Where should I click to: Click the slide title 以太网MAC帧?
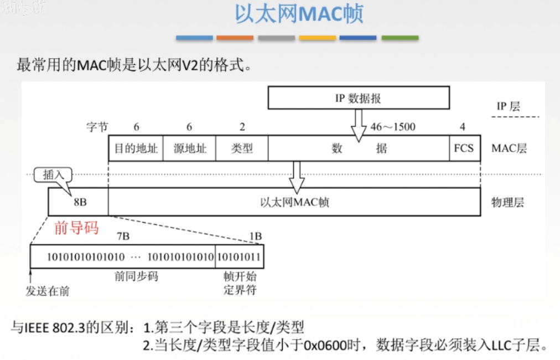pyautogui.click(x=299, y=14)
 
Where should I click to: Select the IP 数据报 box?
pyautogui.click(x=358, y=98)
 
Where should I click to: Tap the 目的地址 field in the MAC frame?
pyautogui.click(x=136, y=148)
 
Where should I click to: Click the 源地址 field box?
pyautogui.click(x=189, y=148)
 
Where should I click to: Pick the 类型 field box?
pyautogui.click(x=241, y=148)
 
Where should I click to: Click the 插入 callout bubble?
pyautogui.click(x=54, y=175)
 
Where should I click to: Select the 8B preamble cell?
pyautogui.click(x=79, y=202)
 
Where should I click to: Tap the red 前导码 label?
pyautogui.click(x=76, y=228)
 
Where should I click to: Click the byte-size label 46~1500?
pyautogui.click(x=392, y=127)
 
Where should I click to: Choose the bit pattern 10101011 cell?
pyautogui.click(x=239, y=258)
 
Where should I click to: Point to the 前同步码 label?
pyautogui.click(x=136, y=276)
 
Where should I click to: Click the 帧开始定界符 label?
pyautogui.click(x=240, y=282)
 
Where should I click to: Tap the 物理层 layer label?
pyautogui.click(x=507, y=202)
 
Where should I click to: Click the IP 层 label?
pyautogui.click(x=508, y=106)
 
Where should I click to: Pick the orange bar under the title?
pyautogui.click(x=235, y=38)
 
